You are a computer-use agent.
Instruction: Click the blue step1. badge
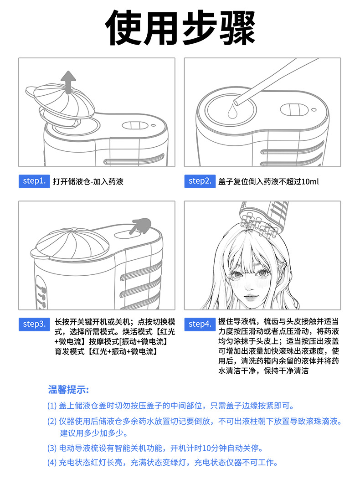[x=34, y=181]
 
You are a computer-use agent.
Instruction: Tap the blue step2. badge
[x=200, y=181]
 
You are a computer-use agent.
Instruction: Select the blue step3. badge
[x=34, y=324]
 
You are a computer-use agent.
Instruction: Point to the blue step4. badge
[x=200, y=324]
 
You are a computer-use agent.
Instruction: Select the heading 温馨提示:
[x=68, y=390]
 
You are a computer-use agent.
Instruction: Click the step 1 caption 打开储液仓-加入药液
[x=88, y=181]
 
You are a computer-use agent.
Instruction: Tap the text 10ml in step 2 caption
[x=310, y=181]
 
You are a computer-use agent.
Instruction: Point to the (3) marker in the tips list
[x=51, y=448]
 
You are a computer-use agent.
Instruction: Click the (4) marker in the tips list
[x=51, y=463]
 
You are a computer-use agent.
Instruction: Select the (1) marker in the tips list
[x=51, y=406]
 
